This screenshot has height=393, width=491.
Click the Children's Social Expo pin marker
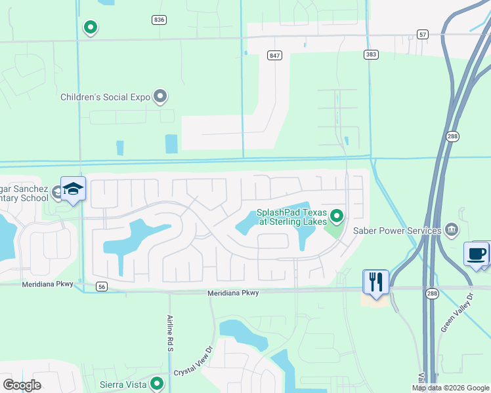pos(160,97)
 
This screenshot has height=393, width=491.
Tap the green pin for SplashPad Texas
pos(337,215)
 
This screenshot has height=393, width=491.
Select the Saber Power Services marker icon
pos(452,230)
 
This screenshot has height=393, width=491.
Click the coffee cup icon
pos(477,253)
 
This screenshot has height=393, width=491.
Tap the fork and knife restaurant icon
pos(376,282)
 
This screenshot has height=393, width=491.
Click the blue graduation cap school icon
pos(73,189)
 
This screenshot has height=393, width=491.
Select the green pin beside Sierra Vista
pos(156,383)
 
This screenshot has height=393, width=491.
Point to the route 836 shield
pos(158,20)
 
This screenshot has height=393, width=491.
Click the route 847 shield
pos(274,56)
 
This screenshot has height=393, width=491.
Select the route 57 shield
pos(423,33)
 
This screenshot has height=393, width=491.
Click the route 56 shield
pos(101,286)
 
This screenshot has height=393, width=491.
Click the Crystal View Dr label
pos(194,362)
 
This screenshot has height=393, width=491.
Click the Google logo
pos(22,385)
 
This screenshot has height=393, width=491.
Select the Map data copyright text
pos(450,388)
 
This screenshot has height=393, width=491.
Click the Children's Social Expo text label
pos(105,97)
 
